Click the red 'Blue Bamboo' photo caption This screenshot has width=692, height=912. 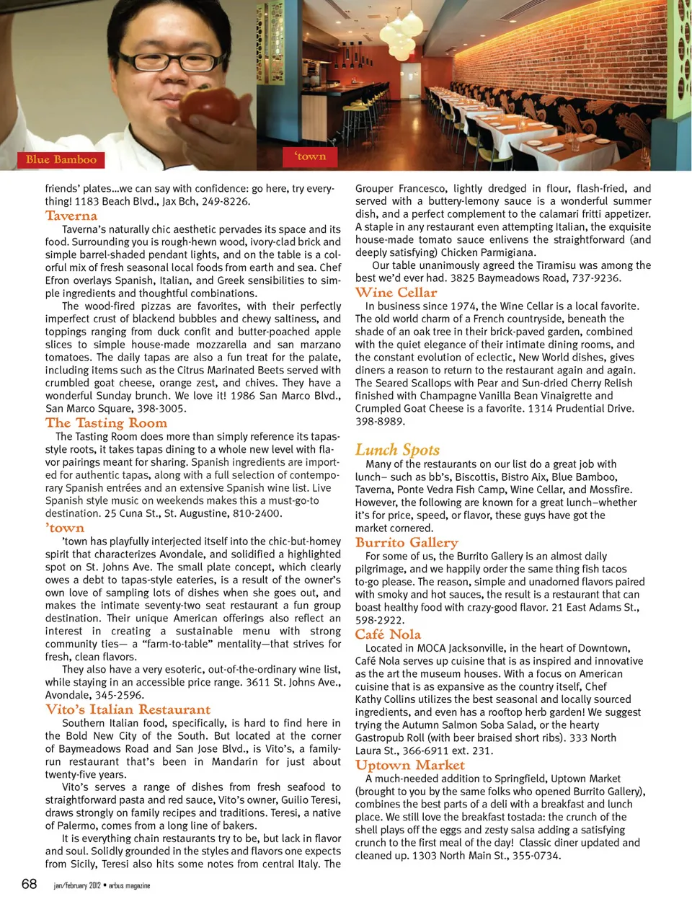61,159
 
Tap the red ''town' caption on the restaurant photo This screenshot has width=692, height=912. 310,156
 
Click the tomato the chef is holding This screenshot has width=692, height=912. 209,106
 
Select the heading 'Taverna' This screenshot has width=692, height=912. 71,216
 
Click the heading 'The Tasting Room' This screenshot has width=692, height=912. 106,423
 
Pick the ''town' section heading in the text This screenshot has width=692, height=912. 65,528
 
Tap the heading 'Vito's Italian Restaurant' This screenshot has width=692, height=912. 128,709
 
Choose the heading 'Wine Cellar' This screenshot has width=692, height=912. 396,292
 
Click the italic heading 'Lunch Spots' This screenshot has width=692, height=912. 397,450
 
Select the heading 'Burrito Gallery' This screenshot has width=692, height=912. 407,542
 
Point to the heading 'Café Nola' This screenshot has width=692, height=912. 388,634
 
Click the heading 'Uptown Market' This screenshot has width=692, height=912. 409,765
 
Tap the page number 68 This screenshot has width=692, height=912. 30,884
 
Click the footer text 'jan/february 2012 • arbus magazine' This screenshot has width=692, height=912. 102,885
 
